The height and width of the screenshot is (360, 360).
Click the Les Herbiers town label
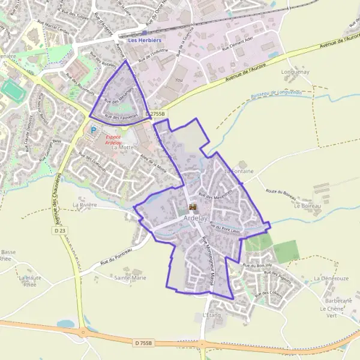[144, 40]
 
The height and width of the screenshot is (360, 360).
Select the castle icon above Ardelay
[193, 207]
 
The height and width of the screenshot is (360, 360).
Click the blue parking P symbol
[93, 129]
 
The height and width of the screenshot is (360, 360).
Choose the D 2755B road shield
[157, 113]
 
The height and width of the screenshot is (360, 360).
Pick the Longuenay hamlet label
[295, 72]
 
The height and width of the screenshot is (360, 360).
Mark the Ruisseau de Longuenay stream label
[275, 93]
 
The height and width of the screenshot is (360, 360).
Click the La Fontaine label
[239, 172]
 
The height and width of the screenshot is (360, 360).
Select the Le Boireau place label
[308, 206]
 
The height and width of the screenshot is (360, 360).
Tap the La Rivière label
[84, 205]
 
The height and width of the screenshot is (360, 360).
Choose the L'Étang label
[212, 314]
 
